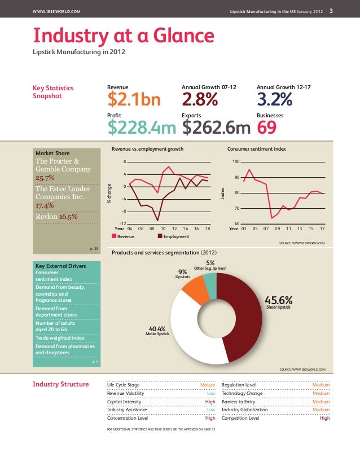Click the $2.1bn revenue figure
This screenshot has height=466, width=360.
pyautogui.click(x=134, y=100)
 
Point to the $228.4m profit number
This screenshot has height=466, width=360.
pyautogui.click(x=142, y=129)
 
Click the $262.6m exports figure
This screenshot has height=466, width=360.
pyautogui.click(x=217, y=129)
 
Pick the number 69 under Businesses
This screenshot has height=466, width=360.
pyautogui.click(x=267, y=129)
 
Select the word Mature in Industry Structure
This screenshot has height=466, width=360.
pyautogui.click(x=208, y=385)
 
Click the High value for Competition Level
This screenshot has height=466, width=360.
pyautogui.click(x=324, y=419)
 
